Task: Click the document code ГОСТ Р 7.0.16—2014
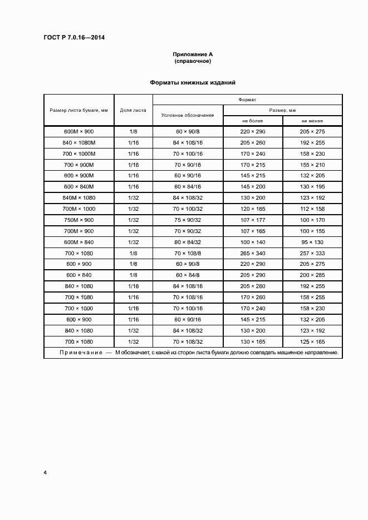74,38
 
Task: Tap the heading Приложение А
193,55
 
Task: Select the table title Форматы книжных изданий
193,82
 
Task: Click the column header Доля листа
133,110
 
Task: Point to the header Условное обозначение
188,115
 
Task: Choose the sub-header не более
253,121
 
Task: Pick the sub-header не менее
312,121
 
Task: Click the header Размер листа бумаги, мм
78,110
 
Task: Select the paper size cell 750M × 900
78,220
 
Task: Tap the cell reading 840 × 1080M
78,142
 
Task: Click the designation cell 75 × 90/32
188,220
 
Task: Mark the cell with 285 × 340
253,253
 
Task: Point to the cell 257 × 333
312,253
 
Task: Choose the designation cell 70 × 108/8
188,253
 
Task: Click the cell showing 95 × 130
312,242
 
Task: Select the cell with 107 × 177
253,220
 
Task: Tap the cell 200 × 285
312,275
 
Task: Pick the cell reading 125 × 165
312,341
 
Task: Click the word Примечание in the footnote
81,353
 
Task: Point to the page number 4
45,473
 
